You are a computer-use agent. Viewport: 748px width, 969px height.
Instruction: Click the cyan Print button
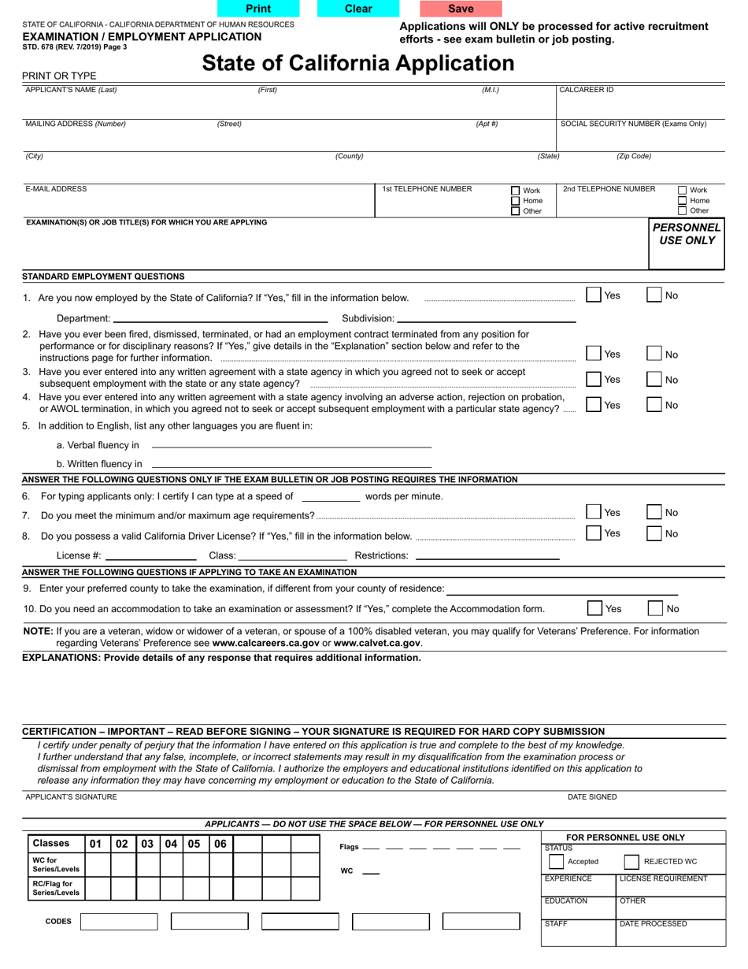258,9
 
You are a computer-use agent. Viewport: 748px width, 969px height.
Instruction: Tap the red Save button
461,9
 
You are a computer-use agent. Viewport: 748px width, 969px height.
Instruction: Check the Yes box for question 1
594,295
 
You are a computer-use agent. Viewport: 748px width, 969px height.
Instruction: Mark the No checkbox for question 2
654,354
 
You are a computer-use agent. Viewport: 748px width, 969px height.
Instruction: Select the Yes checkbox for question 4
594,404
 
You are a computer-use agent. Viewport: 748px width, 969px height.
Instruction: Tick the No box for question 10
655,608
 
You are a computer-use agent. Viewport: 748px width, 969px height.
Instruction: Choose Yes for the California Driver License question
594,533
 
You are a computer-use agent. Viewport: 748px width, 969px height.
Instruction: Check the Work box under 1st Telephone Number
516,191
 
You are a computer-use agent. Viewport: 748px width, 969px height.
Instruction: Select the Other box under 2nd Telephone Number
683,210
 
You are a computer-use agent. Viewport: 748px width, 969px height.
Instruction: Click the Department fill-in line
220,318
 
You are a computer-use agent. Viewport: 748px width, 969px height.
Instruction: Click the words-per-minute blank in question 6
331,497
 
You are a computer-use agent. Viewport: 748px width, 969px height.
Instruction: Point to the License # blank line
150,555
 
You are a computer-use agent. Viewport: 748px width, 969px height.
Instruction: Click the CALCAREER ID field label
586,90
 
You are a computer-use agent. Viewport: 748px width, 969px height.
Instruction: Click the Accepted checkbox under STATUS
556,862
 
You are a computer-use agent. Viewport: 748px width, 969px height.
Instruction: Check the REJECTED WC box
631,862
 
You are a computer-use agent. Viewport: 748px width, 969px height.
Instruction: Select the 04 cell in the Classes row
171,844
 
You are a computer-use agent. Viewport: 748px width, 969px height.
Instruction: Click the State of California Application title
358,63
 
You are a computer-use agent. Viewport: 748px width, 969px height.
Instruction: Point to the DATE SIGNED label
592,796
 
